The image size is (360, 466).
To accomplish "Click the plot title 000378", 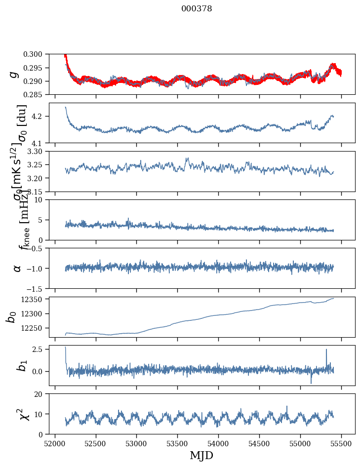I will point(197,8).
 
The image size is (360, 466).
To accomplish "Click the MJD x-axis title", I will point(201,455).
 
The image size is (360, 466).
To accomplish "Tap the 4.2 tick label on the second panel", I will point(40,116).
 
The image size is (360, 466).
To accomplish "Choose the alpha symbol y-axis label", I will point(17,268).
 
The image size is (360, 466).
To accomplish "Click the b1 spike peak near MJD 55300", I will point(326,349).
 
